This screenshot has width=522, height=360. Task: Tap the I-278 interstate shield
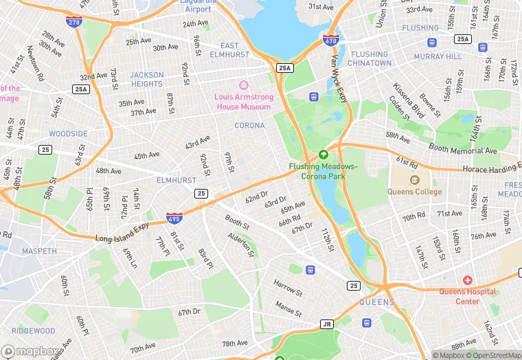[74, 21]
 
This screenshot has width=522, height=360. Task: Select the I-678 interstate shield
[330, 39]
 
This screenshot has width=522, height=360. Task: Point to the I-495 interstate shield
[174, 218]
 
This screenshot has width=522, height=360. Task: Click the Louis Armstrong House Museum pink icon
[243, 85]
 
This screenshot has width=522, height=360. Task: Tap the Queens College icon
[414, 180]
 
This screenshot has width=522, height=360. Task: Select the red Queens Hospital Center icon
[468, 280]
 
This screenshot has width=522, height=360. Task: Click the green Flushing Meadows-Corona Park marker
[323, 155]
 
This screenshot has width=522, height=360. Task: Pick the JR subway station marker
[326, 324]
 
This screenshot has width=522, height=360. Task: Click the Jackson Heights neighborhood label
[147, 79]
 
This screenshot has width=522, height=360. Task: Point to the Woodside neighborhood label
[68, 133]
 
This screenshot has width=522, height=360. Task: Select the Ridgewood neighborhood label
[33, 330]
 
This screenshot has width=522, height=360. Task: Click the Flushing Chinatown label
[370, 58]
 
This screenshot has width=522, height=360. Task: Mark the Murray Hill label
[438, 56]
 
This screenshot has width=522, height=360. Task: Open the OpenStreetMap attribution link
[492, 355]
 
